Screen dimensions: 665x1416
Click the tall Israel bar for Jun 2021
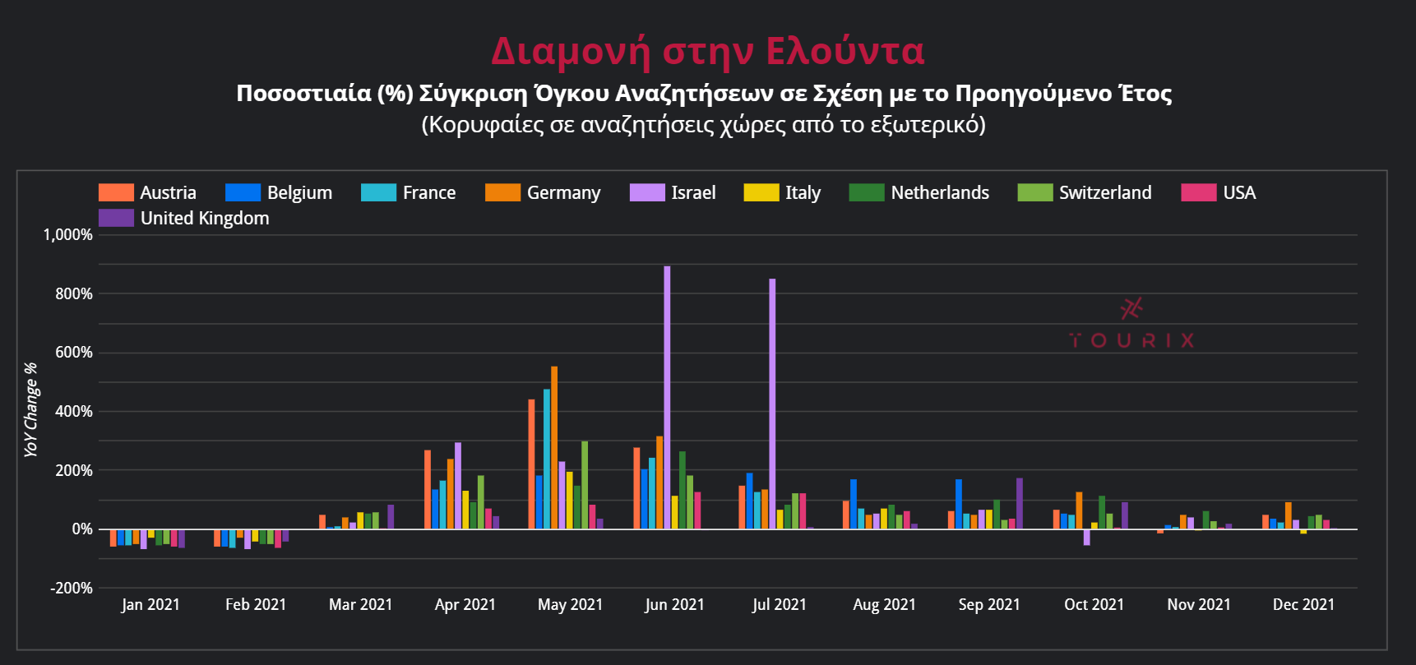tap(667, 398)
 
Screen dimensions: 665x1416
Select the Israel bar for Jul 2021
tap(772, 404)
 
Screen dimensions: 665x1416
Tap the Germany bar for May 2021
tap(554, 448)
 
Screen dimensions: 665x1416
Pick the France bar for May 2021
tap(547, 459)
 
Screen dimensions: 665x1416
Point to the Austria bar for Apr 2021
tap(428, 490)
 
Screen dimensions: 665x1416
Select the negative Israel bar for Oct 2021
tap(1087, 538)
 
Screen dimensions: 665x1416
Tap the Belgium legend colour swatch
tap(243, 192)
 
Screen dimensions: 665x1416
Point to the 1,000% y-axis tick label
tap(68, 235)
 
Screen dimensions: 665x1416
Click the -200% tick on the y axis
tap(72, 589)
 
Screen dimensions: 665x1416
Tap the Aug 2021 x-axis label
tap(884, 605)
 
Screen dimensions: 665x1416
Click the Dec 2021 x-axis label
tap(1303, 605)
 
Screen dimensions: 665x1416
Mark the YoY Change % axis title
tap(31, 409)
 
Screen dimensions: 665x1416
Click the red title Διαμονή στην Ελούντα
tap(707, 51)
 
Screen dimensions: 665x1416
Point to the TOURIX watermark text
tap(1131, 340)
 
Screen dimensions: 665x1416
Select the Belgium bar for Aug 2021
tap(854, 504)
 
